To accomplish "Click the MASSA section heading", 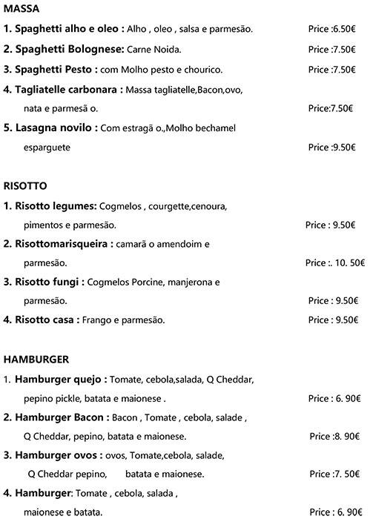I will tap(22, 10).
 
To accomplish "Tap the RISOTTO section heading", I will tap(25, 186).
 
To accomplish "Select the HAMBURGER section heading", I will tap(36, 360).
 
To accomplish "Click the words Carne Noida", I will tap(156, 49).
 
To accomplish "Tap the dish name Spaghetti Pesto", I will tap(56, 69).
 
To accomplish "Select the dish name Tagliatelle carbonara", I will tap(69, 89).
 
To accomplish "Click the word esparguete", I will tap(47, 148).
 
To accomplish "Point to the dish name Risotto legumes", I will tap(56, 205).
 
